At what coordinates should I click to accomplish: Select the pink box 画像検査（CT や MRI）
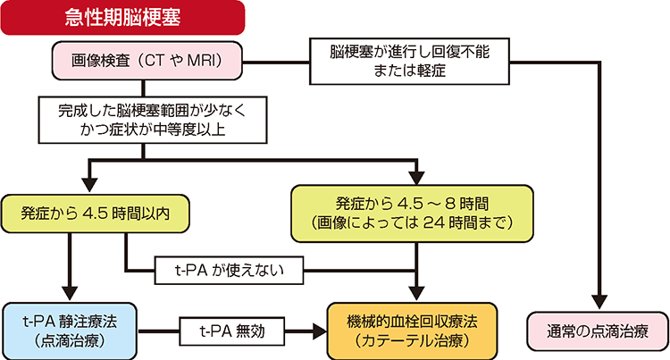click(x=147, y=63)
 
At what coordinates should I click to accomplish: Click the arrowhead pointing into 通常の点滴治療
click(x=598, y=301)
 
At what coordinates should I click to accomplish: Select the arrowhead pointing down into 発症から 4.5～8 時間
click(x=416, y=172)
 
